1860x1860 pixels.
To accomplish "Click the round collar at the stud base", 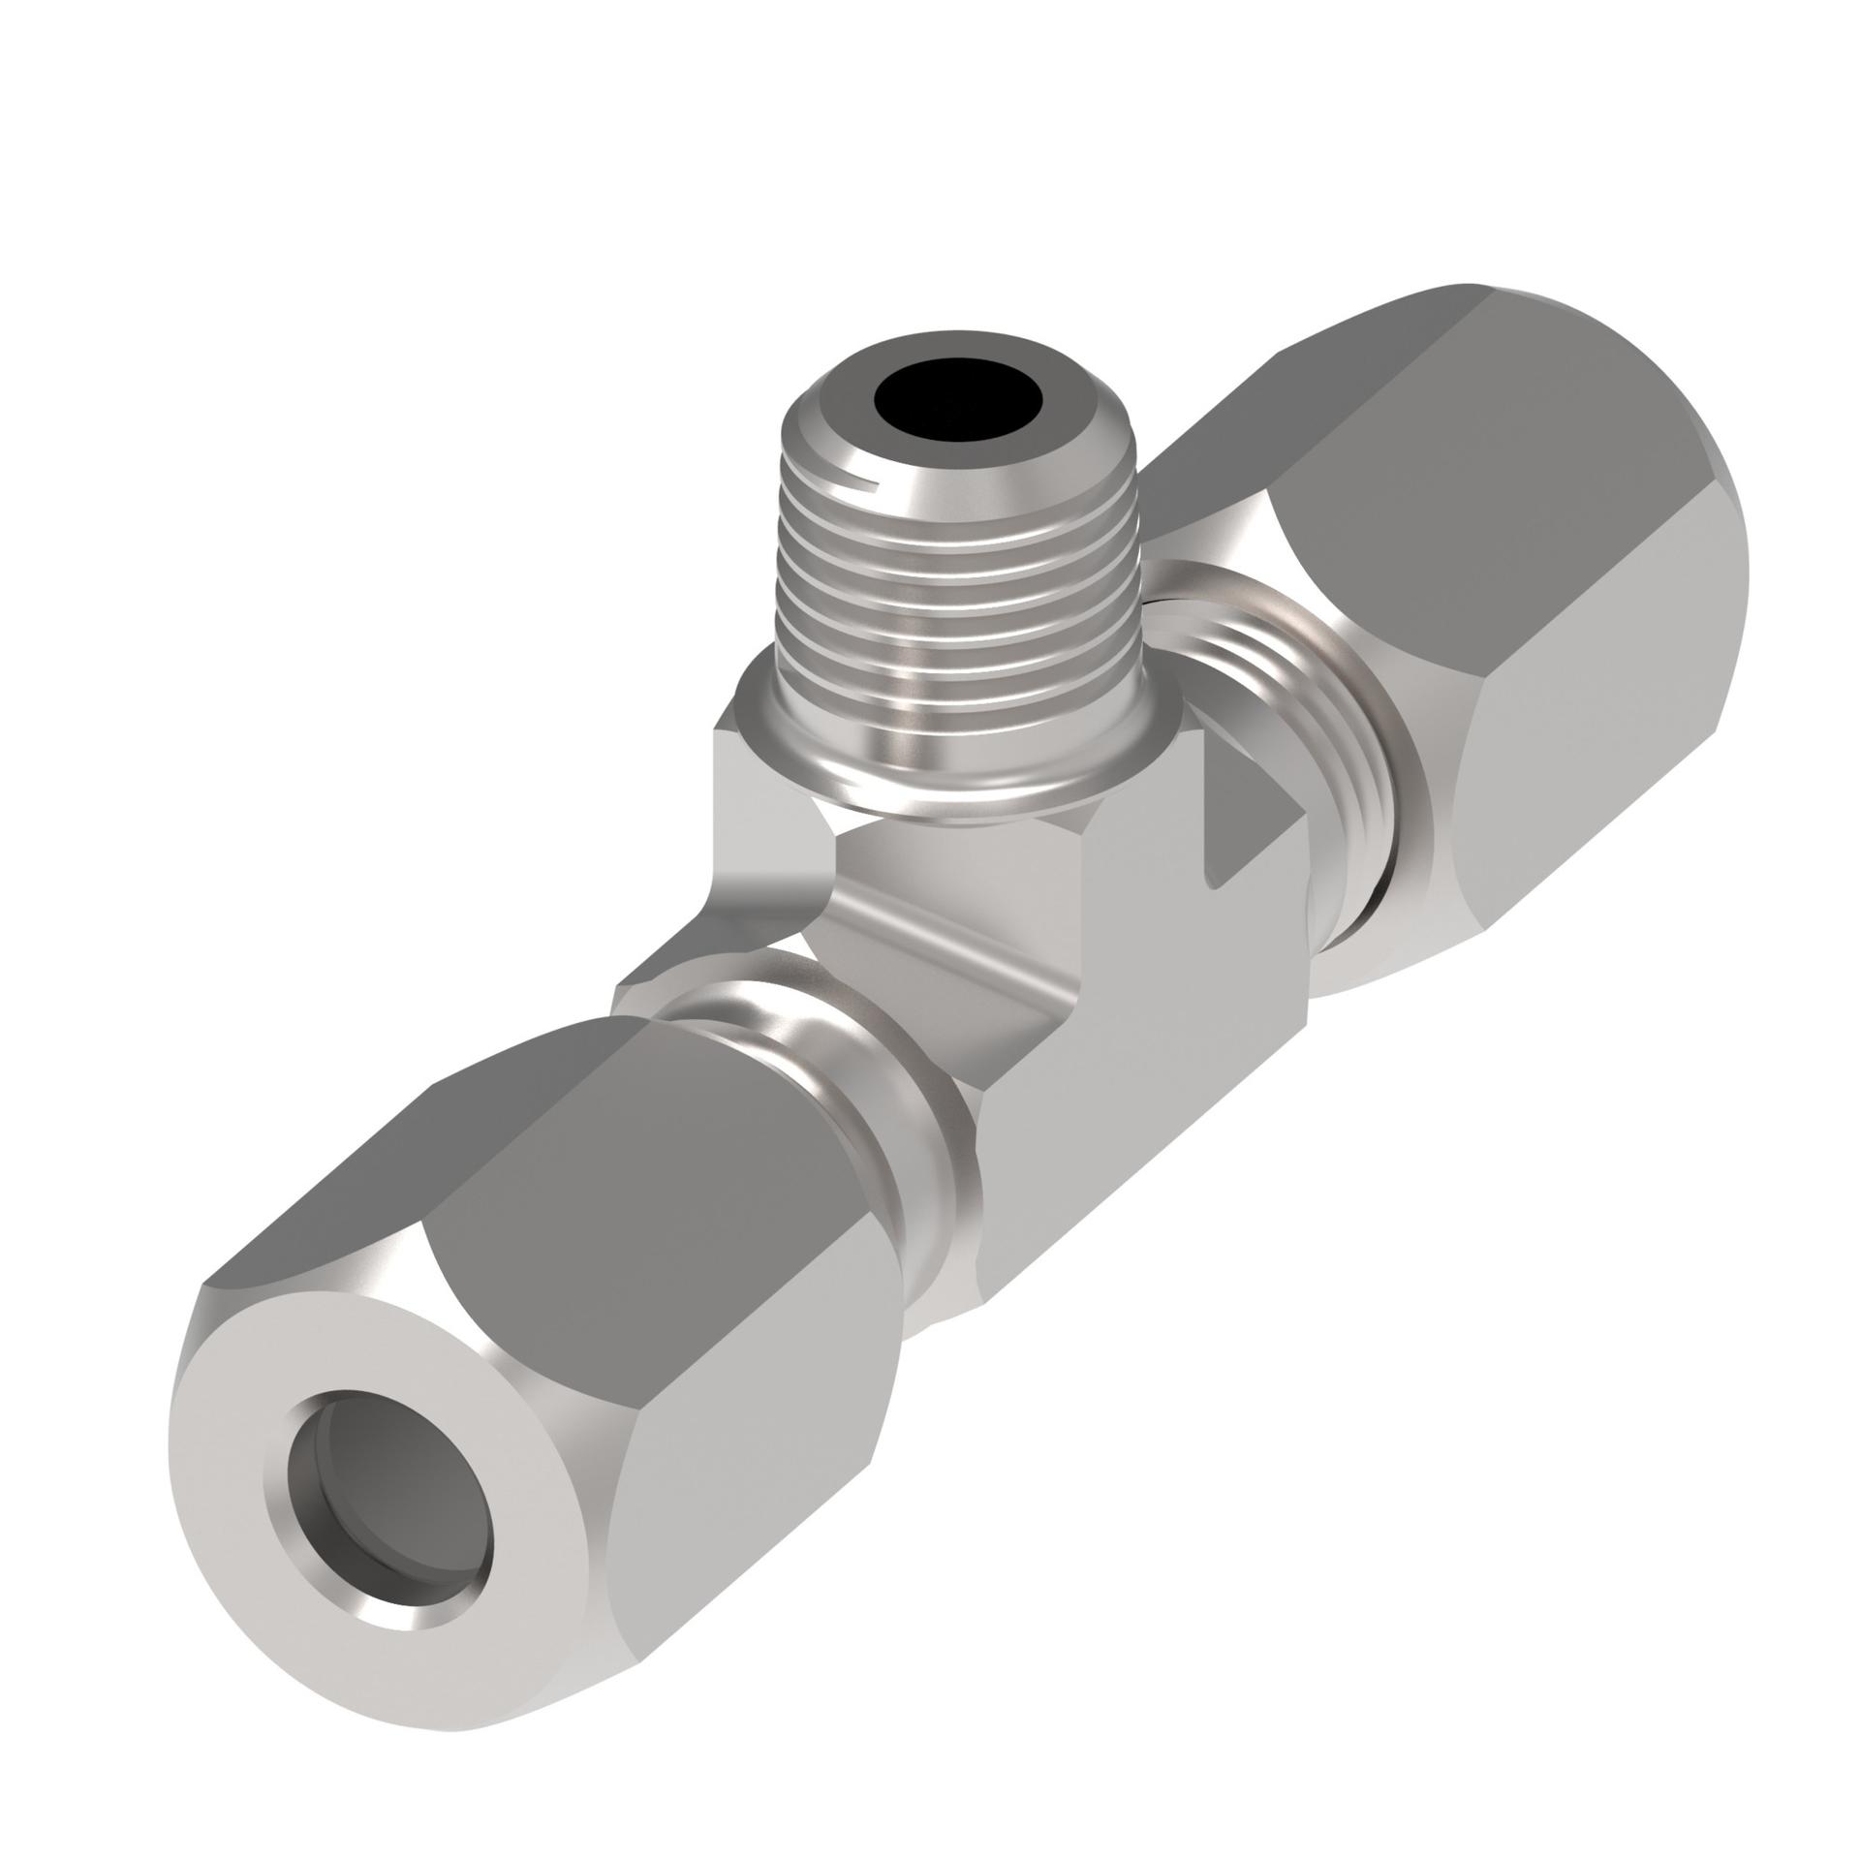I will click(959, 765).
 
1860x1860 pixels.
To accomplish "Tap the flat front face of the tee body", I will click(1143, 1066).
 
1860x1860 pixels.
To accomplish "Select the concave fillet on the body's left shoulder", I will click(765, 872).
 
